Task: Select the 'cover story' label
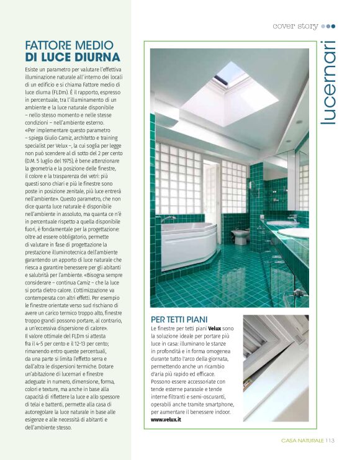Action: pyautogui.click(x=295, y=26)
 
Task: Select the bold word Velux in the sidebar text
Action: pyautogui.click(x=214, y=327)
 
